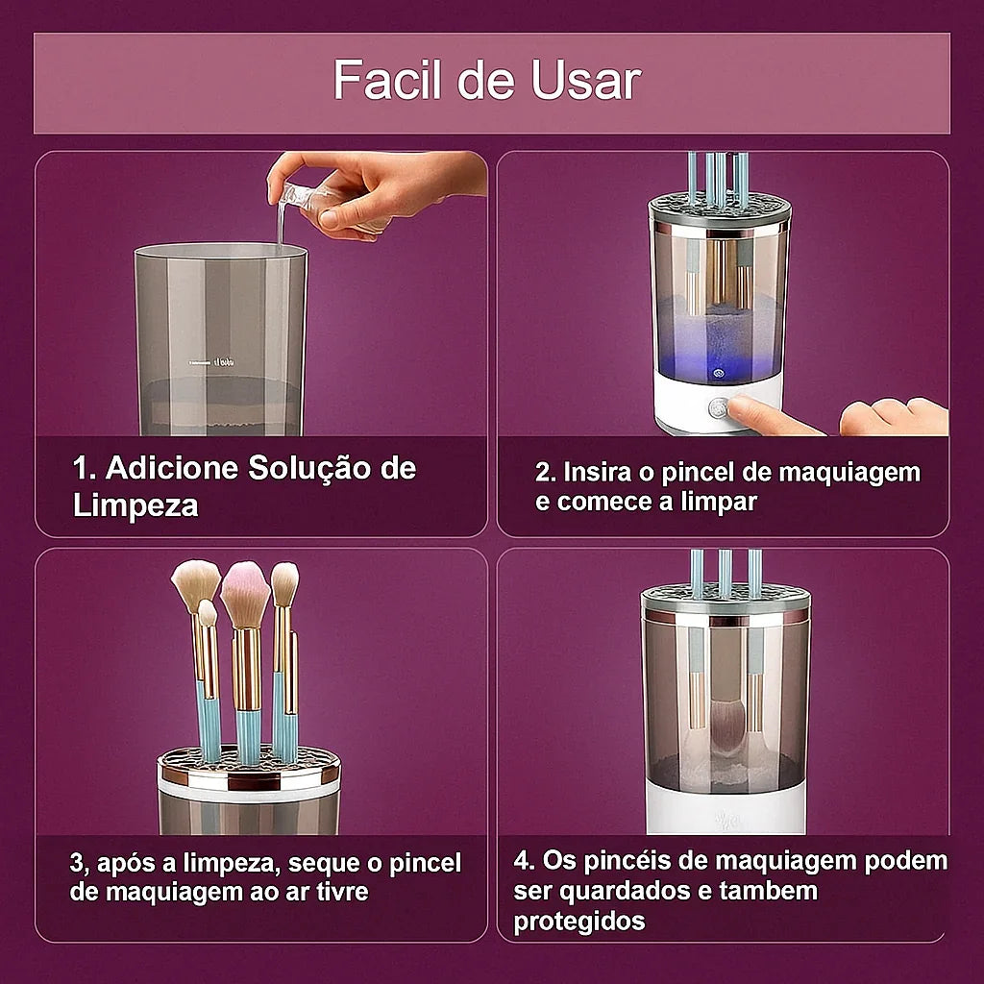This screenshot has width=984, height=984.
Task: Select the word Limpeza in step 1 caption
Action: (x=135, y=506)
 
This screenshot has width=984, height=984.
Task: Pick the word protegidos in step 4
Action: (x=578, y=922)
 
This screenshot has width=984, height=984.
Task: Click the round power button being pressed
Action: (x=718, y=407)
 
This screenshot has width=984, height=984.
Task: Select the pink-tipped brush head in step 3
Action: (x=245, y=593)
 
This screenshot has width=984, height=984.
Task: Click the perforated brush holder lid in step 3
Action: (x=249, y=767)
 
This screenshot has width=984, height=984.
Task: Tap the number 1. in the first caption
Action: (x=86, y=469)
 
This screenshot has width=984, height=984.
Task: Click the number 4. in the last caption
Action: (x=526, y=860)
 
